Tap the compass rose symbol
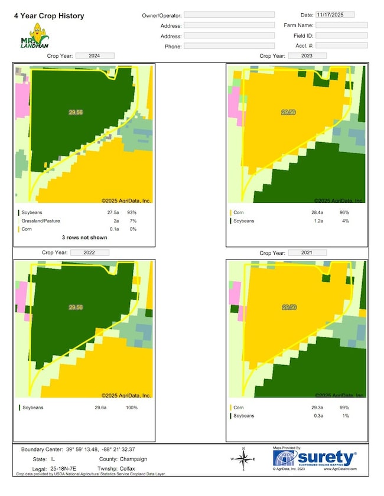243,459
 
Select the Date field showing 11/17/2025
334,14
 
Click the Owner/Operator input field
229,15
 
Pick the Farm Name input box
341,25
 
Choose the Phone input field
229,46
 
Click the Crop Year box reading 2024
95,55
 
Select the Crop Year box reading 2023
308,55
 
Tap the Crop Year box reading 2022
90,252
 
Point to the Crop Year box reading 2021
308,252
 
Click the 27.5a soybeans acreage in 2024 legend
106,212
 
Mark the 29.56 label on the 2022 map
76,307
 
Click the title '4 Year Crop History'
49,16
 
